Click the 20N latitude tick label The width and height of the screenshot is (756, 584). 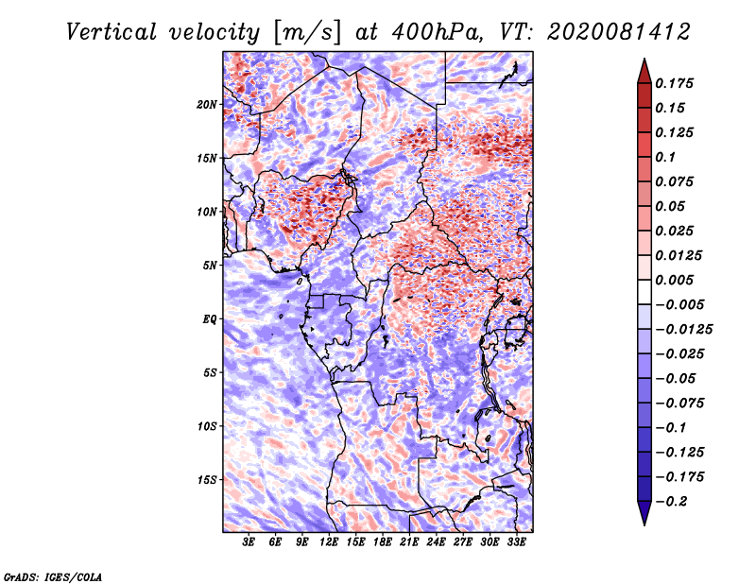208,104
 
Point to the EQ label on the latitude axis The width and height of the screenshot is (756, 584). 210,319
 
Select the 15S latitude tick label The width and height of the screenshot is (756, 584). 208,480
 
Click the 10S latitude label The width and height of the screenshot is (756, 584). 208,426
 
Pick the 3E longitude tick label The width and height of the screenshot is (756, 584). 249,542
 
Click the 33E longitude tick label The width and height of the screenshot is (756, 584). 516,542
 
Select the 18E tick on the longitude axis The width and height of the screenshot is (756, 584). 383,542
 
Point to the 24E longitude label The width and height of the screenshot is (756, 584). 436,542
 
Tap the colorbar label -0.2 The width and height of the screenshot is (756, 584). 674,501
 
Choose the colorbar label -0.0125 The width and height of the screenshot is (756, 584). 685,329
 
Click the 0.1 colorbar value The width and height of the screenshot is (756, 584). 670,157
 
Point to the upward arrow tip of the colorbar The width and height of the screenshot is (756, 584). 643,60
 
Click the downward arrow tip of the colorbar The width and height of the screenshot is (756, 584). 643,523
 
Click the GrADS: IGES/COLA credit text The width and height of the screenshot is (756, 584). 52,575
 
